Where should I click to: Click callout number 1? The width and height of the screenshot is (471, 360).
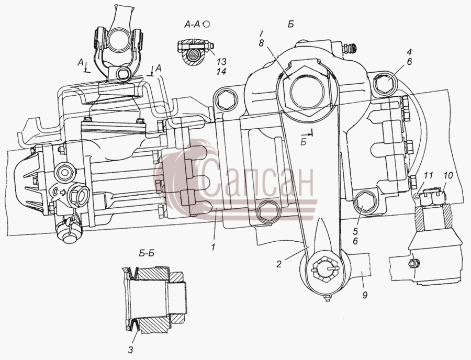coord(213,248)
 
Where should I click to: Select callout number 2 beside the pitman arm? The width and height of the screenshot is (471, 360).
coord(279,264)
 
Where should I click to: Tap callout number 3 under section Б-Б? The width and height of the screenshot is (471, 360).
coord(130,350)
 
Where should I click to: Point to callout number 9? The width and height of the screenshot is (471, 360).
coord(364,295)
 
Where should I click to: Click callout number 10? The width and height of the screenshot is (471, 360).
coord(448,176)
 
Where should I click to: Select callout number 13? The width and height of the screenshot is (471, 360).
coord(222,62)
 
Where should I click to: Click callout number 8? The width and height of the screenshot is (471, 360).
coord(261,43)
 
